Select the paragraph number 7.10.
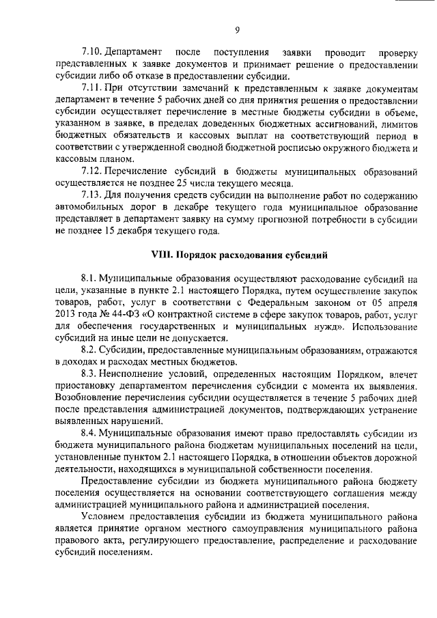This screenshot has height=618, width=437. [91, 52]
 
